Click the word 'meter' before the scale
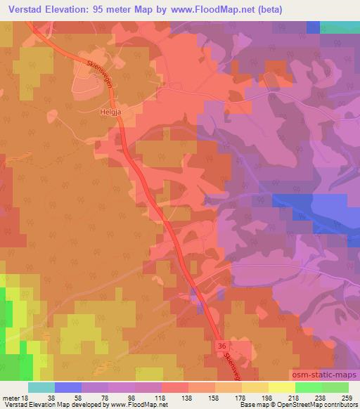tap(11, 398)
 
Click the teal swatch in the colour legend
tap(41, 387)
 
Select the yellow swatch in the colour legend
tap(281, 387)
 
